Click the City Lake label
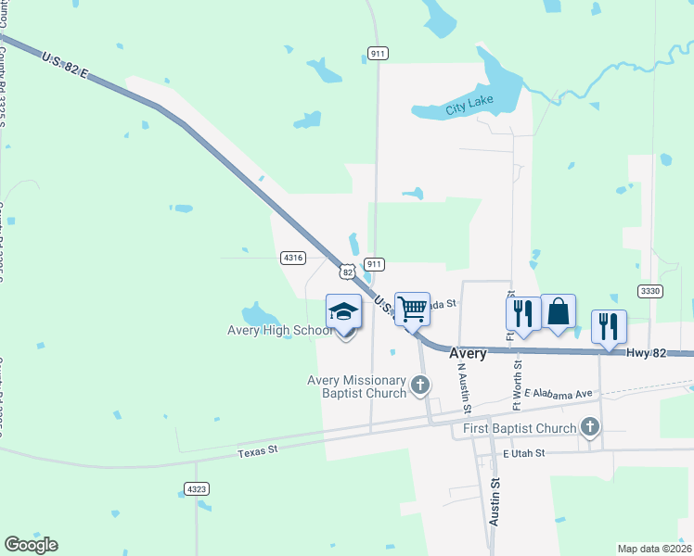pos(469,108)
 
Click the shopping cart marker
pos(412,309)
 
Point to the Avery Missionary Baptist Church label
pos(357,386)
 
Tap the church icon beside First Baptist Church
pos(589,427)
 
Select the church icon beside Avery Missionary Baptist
pos(420,384)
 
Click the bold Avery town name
pos(468,353)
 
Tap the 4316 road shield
pos(293,258)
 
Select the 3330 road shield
pos(650,291)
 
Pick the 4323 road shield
pos(196,487)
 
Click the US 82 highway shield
pos(347,272)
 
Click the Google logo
pos(31,545)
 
